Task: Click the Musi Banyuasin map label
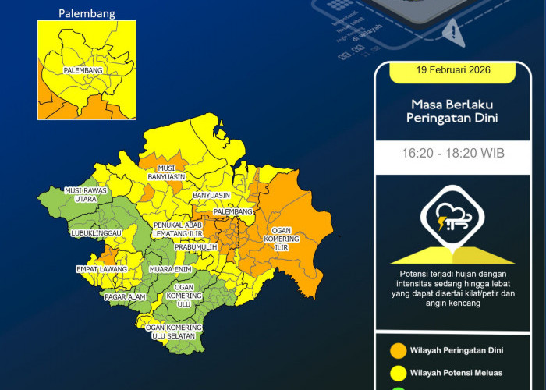[165, 172]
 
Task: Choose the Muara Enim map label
[169, 269]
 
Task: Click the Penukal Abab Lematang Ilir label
[177, 229]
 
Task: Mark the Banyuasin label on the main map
[211, 195]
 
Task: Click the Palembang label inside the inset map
[84, 70]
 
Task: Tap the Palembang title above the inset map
[87, 13]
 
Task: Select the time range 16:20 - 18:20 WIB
[452, 153]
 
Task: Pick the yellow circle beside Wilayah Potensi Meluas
[399, 374]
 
